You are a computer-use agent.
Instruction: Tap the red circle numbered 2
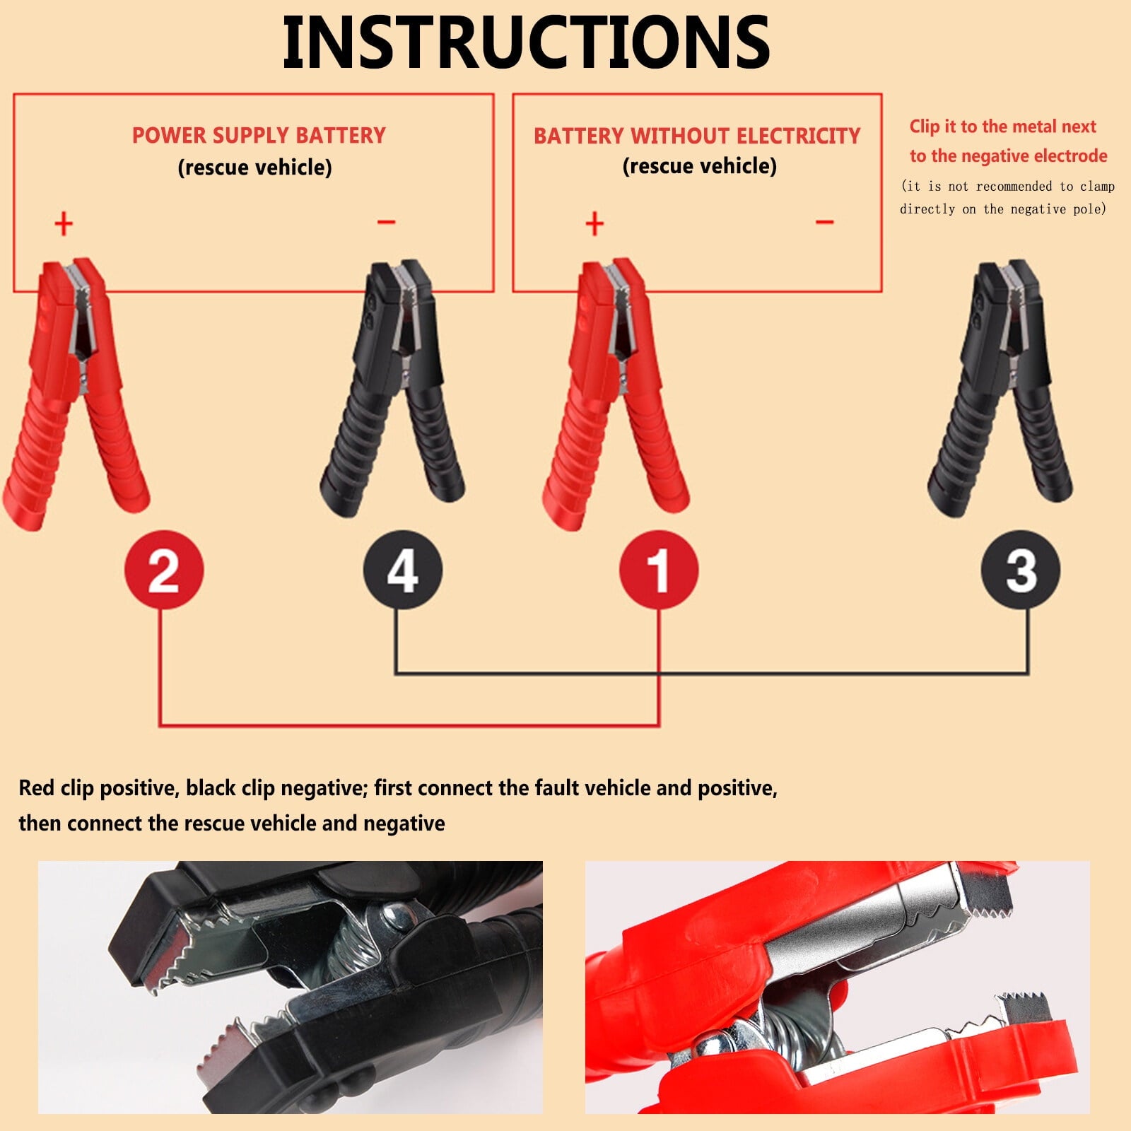(x=163, y=570)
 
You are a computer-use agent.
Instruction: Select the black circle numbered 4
(x=402, y=570)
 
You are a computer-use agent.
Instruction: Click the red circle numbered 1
(x=658, y=570)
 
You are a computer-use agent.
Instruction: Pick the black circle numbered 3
(x=1020, y=570)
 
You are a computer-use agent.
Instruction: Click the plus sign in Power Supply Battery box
(x=64, y=223)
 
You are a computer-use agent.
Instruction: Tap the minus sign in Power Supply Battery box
(x=386, y=222)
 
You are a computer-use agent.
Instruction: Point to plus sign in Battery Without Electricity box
(x=594, y=223)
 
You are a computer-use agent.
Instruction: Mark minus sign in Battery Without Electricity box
(x=824, y=222)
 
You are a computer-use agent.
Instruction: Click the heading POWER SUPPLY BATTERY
(x=259, y=135)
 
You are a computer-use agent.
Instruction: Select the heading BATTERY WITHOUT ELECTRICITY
(x=697, y=135)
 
